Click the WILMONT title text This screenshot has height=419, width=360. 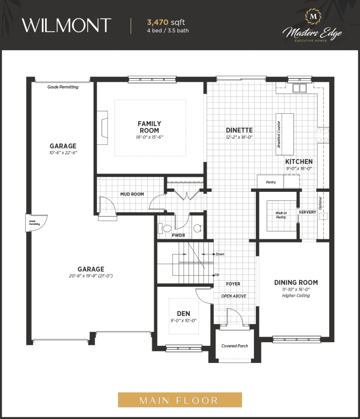point(66,25)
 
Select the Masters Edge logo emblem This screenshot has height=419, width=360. point(314,17)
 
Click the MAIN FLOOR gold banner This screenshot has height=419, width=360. point(180,400)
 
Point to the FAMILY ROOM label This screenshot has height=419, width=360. point(149,127)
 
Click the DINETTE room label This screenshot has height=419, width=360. point(239,130)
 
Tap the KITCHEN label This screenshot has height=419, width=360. point(299,162)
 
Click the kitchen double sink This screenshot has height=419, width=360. point(299,88)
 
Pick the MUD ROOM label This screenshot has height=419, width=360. point(132,194)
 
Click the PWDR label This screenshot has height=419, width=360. point(178,235)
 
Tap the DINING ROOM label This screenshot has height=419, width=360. point(296,282)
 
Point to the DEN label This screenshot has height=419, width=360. point(184,314)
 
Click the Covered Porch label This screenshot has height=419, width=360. point(235,346)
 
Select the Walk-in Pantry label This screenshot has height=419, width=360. point(281,215)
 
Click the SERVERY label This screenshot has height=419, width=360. point(307,212)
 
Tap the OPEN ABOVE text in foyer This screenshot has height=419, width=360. point(234,296)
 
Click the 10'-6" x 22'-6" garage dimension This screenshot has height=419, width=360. point(63,152)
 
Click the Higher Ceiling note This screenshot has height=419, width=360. point(296,295)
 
